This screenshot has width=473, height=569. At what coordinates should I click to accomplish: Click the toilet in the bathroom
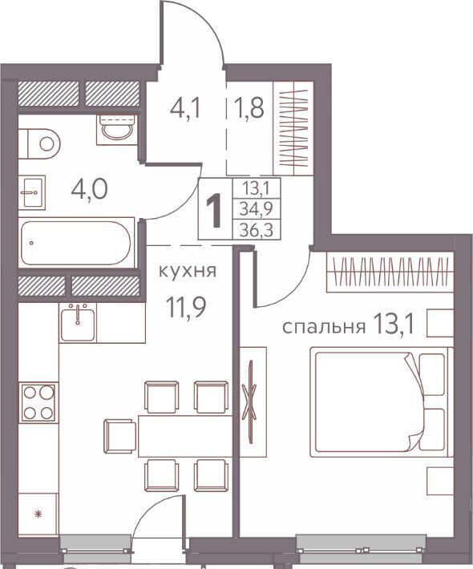[39, 143]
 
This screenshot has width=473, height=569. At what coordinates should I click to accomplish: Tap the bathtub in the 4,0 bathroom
[76, 243]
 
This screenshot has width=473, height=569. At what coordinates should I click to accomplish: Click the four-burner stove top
[38, 403]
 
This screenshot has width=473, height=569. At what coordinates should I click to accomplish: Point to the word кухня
[188, 271]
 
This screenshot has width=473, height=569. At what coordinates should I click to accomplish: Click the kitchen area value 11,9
[186, 306]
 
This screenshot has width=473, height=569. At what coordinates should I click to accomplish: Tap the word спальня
[324, 327]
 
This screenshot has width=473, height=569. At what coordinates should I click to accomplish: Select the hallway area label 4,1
[185, 108]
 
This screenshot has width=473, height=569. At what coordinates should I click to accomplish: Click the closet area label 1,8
[250, 108]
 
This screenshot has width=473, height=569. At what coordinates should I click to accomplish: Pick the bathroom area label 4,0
[89, 189]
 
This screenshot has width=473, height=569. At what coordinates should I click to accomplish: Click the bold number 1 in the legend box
[215, 210]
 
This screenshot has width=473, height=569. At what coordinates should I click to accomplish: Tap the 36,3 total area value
[257, 230]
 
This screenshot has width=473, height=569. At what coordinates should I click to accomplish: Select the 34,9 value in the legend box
[257, 209]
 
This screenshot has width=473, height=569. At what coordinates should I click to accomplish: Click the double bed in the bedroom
[381, 402]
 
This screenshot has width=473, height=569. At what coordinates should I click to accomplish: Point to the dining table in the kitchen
[185, 436]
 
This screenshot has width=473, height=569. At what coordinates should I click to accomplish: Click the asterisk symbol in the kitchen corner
[38, 514]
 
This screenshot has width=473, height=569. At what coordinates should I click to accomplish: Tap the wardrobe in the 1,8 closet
[293, 128]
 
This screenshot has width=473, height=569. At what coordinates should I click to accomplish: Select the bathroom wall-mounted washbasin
[32, 192]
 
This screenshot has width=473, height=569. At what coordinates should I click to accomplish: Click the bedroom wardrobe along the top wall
[390, 272]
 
